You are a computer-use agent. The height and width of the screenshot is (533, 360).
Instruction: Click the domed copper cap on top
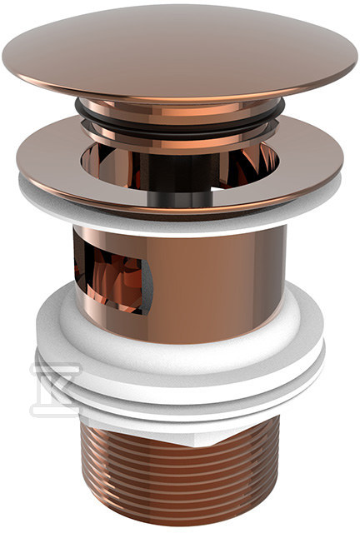point(180,50)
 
